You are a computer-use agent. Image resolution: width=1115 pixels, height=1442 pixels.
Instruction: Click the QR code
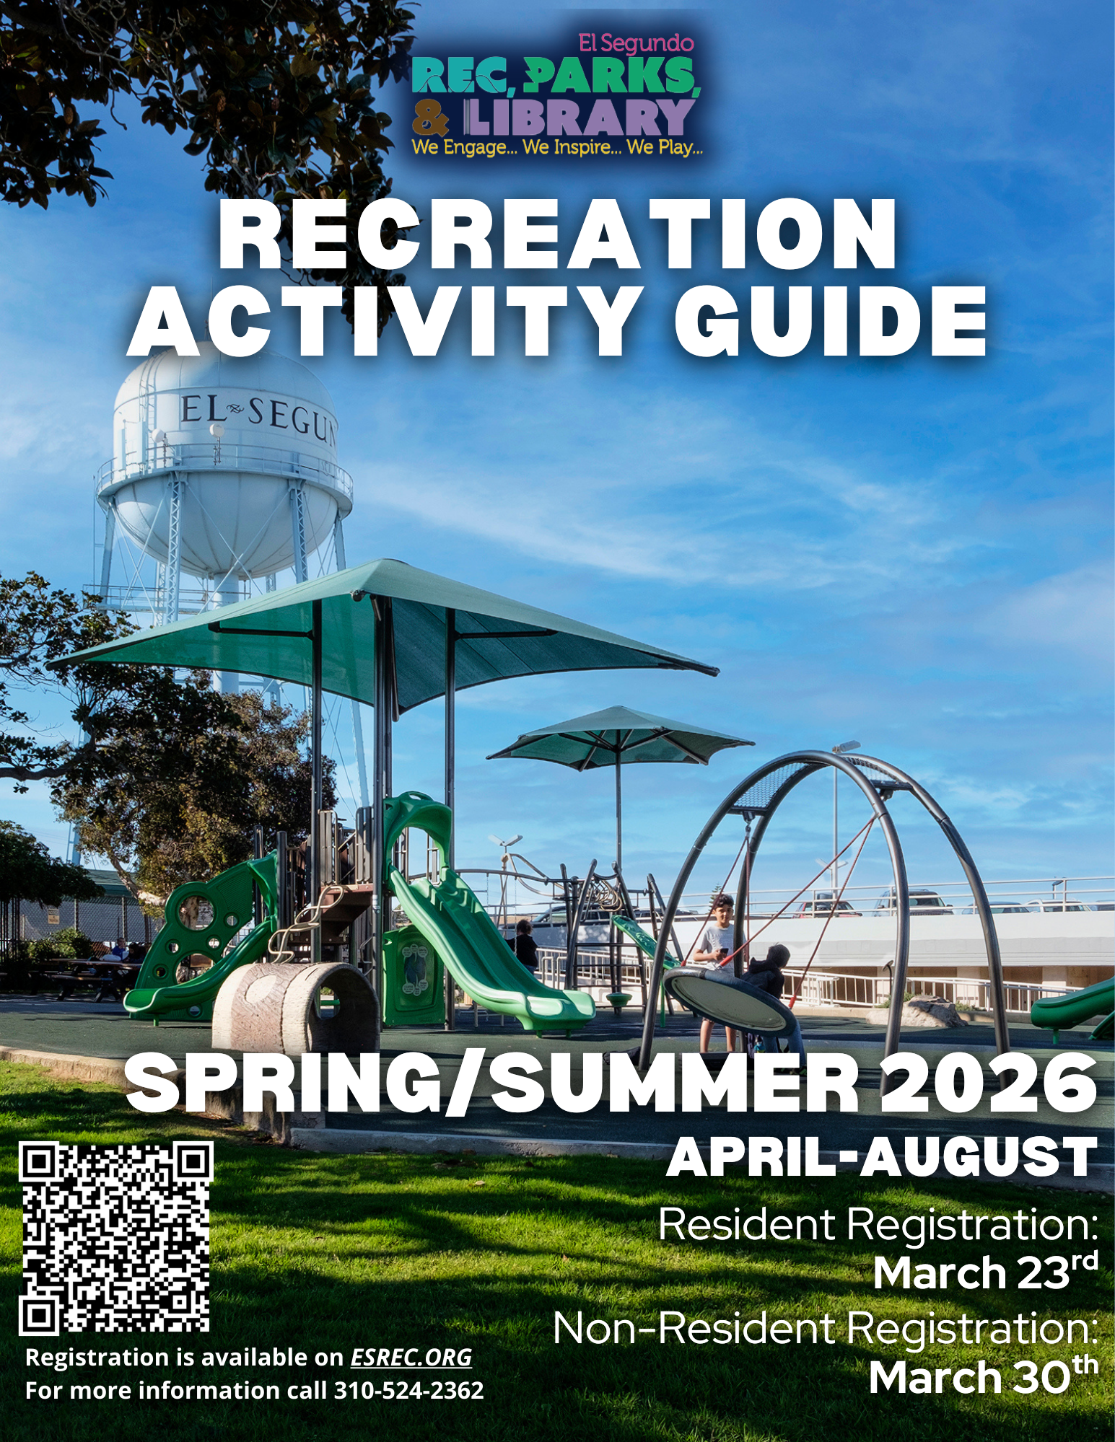click(115, 1238)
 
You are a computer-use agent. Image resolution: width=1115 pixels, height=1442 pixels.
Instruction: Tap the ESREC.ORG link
click(411, 1358)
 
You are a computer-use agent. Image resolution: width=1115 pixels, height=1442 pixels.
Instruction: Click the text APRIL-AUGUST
click(881, 1158)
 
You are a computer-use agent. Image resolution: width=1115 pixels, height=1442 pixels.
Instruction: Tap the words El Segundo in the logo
click(636, 43)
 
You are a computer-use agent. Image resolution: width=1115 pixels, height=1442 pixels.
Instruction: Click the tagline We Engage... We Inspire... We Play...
click(557, 147)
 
